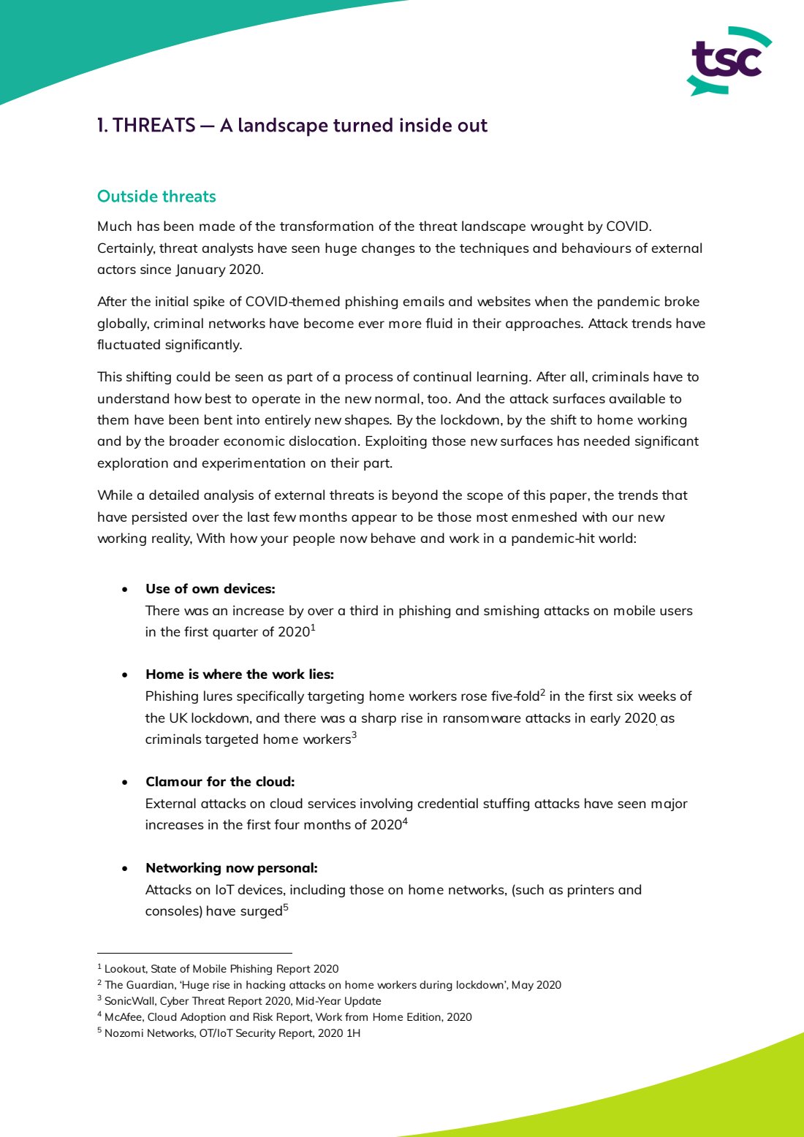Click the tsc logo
click(728, 61)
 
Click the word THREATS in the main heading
click(154, 126)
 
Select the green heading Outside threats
click(156, 197)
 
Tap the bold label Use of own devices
click(210, 589)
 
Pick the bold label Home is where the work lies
click(239, 674)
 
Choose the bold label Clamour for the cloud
click(220, 782)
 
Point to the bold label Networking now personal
click(231, 868)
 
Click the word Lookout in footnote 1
click(125, 969)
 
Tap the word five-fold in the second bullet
click(515, 696)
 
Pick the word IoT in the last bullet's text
click(224, 890)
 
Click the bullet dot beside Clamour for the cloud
click(126, 783)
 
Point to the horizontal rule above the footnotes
click(194, 953)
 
